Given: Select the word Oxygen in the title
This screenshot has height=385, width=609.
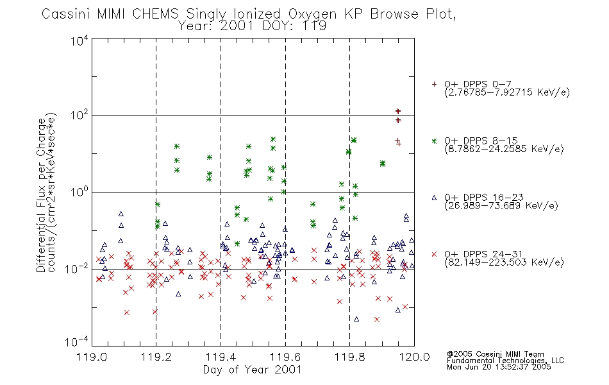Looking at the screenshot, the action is [312, 15].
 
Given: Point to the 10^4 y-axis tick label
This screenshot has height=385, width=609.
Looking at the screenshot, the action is [79, 40].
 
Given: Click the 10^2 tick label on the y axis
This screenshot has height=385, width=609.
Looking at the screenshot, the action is [79, 115].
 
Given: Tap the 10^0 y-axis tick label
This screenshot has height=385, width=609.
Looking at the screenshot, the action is [79, 192].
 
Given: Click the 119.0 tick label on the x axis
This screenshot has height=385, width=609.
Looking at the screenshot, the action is [92, 357].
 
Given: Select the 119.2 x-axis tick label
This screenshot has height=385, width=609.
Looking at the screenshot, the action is [156, 357].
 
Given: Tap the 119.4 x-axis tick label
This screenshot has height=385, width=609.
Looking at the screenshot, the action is [221, 357].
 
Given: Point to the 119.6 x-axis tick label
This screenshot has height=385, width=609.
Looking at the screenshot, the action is [285, 357].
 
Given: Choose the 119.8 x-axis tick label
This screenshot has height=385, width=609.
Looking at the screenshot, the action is [349, 357].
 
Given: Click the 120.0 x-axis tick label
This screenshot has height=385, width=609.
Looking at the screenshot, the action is [414, 357].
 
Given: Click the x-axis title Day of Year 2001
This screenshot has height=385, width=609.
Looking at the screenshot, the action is [252, 370].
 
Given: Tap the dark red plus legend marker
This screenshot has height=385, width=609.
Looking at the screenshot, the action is [434, 84].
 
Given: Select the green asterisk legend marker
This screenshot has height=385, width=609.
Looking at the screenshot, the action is [434, 141].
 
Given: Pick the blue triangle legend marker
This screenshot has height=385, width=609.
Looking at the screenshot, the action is [434, 198].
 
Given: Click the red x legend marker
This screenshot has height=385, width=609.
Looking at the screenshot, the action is [434, 254].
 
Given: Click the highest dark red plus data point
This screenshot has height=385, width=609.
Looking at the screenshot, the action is [397, 111].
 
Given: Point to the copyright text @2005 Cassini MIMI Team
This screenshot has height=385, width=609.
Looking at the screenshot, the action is [495, 354].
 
